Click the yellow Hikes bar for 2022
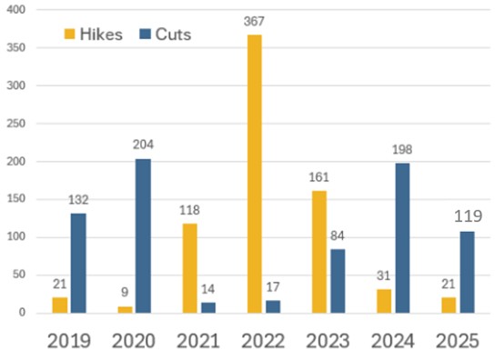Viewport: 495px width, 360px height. [x=255, y=174]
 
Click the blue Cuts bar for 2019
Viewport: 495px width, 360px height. [x=77, y=264]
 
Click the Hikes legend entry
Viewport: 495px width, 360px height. [x=95, y=35]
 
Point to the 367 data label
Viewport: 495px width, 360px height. [x=254, y=20]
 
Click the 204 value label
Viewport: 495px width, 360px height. [x=143, y=145]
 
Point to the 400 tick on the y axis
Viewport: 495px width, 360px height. [x=15, y=10]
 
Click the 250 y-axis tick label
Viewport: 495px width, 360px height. [x=15, y=124]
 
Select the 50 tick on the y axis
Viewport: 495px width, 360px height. [x=18, y=275]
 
